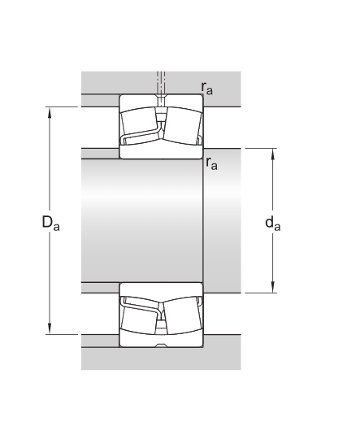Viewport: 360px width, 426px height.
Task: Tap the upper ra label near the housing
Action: [208, 87]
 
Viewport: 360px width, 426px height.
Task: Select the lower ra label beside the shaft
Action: [211, 163]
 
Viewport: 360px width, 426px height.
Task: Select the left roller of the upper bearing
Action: [138, 122]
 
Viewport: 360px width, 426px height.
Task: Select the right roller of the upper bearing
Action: [184, 122]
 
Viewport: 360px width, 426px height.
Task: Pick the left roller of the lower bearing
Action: [138, 319]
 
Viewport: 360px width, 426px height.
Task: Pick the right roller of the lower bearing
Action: [184, 319]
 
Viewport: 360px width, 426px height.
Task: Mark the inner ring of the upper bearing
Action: [161, 150]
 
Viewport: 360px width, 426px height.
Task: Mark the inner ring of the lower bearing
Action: [161, 289]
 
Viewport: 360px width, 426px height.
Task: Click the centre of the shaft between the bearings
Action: [142, 220]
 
